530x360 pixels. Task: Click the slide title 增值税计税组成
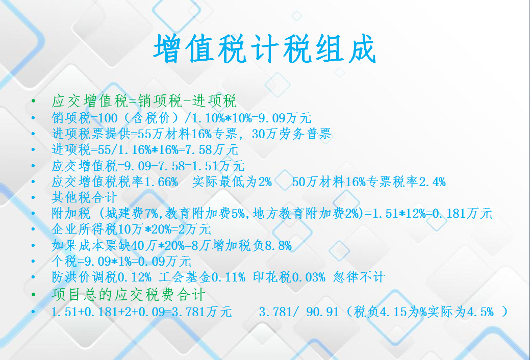[x=265, y=49]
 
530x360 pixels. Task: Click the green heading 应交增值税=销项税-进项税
[x=144, y=101]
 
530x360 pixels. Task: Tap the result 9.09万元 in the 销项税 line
[x=285, y=118]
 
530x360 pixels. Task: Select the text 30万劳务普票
[x=291, y=134]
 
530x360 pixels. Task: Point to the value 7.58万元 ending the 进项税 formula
[x=212, y=150]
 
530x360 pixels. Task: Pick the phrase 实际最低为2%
[x=232, y=182]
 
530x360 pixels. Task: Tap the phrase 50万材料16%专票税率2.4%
[x=369, y=182]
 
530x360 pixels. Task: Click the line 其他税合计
[x=85, y=197]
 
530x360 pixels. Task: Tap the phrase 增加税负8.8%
[x=252, y=245]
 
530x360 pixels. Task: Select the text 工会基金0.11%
[x=202, y=277]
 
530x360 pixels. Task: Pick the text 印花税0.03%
[x=289, y=277]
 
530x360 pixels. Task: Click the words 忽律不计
[x=359, y=277]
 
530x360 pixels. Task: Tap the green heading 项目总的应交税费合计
[x=129, y=295]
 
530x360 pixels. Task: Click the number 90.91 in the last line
[x=322, y=312]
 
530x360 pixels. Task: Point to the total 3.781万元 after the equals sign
[x=202, y=312]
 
